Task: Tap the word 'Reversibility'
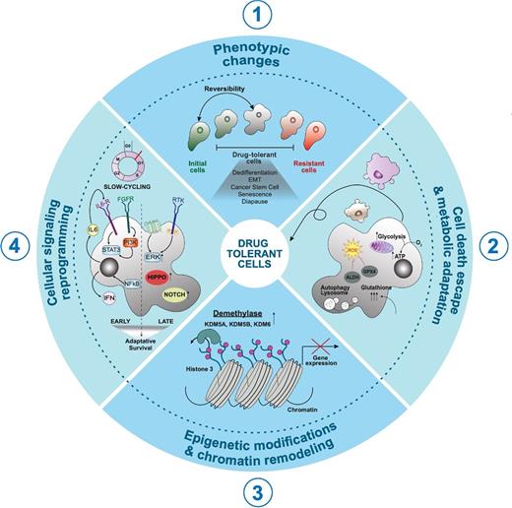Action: [228, 90]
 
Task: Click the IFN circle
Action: [109, 291]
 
